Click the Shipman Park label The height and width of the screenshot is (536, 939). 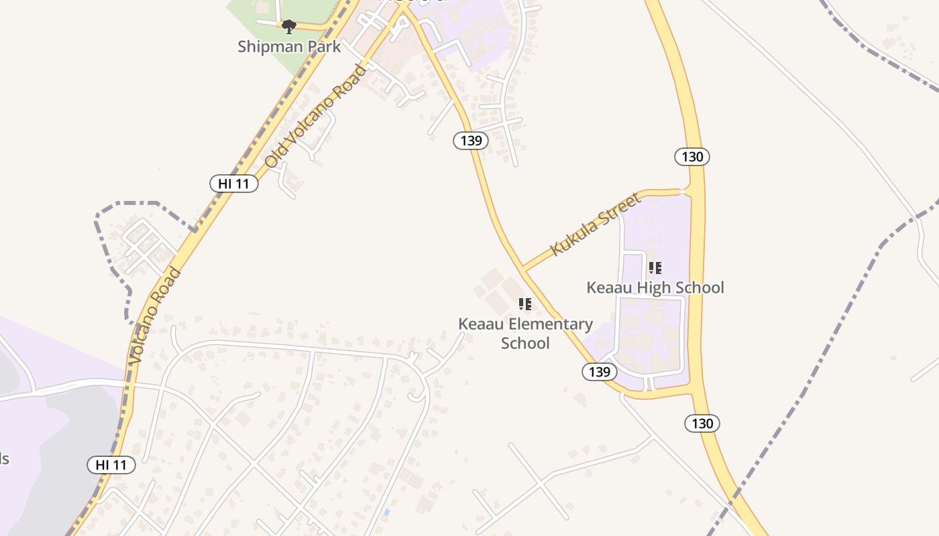coord(289,47)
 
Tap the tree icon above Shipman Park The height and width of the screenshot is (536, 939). coord(289,27)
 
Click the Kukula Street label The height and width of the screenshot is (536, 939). coord(596,224)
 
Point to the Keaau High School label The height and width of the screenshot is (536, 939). coord(655,287)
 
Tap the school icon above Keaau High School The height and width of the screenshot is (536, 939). coord(655,268)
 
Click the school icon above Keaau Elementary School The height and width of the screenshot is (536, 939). coord(525,304)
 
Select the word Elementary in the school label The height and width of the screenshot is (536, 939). coord(551,324)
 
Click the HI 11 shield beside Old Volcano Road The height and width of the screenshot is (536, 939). coord(234,184)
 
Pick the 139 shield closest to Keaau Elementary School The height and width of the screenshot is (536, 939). coord(599,372)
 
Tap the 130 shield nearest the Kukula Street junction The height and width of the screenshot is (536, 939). coord(692,157)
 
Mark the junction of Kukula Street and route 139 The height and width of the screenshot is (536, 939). coord(522,269)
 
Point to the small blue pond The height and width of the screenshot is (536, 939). coord(386,513)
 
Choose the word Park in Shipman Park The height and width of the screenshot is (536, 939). coord(324,47)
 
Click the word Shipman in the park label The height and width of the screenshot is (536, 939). coord(270,47)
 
